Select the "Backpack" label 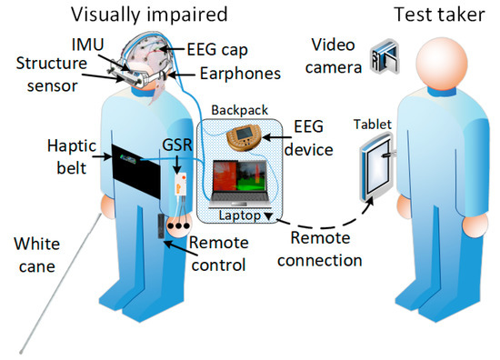235,106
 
